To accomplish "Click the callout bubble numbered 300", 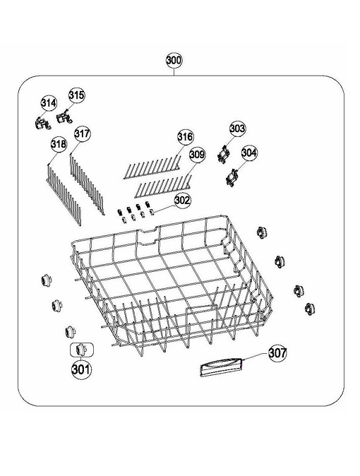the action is [x=174, y=60].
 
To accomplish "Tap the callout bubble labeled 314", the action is [x=49, y=103].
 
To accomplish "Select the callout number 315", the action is [x=76, y=95].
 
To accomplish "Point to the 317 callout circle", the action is [x=83, y=133].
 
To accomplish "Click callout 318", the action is [x=59, y=143].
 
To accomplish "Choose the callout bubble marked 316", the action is [x=185, y=136].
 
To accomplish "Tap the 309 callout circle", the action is [x=197, y=155].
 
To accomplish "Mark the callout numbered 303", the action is [x=237, y=129].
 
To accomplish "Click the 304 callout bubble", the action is [x=249, y=153].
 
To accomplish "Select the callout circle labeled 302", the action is [x=182, y=201].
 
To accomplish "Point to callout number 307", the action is [x=277, y=352].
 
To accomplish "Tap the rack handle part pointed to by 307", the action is [x=222, y=367].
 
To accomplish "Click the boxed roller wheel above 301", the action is [x=81, y=350].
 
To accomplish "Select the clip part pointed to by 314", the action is [x=42, y=123].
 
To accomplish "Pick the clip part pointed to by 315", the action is [x=65, y=117].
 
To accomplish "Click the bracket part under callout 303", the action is [x=224, y=155].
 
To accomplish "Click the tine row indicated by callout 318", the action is [x=64, y=194].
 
